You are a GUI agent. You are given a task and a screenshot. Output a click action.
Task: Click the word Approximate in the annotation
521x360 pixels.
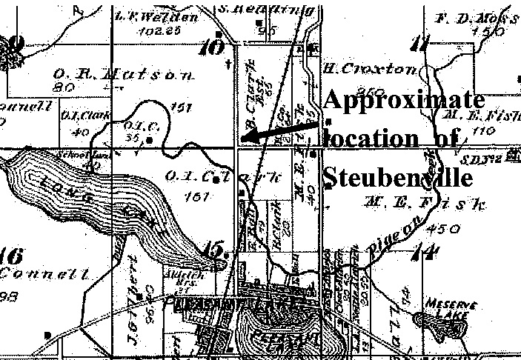point(404,101)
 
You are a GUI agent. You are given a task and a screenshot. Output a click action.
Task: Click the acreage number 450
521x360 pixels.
point(445,229)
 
